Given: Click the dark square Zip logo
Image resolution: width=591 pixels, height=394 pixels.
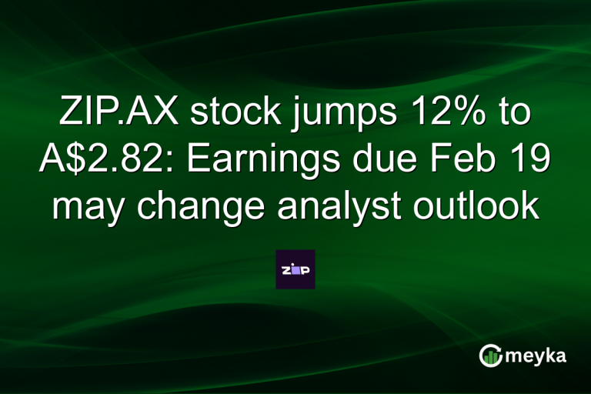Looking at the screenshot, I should coord(295,269).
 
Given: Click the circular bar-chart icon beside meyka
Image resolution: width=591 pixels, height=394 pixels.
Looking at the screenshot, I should coord(490,355).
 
